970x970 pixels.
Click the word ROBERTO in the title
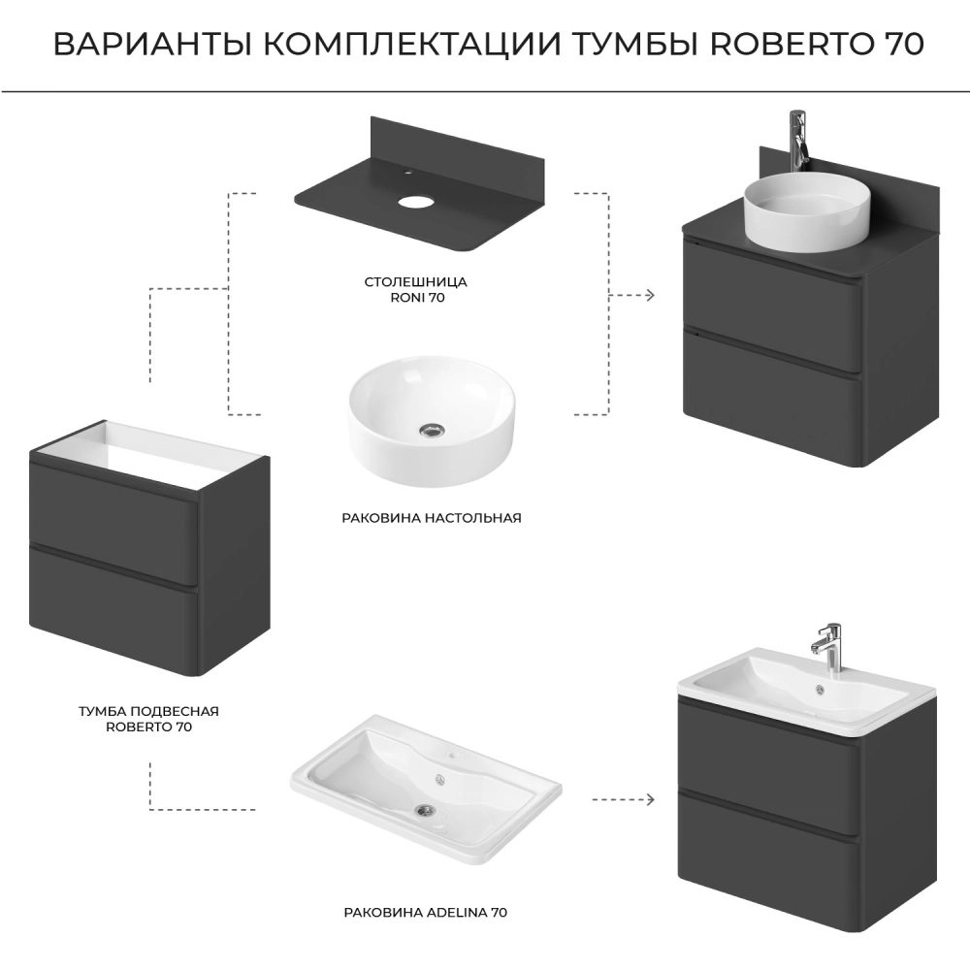tap(790, 44)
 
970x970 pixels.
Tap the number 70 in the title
tap(901, 44)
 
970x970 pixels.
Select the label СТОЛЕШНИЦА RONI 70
tap(416, 289)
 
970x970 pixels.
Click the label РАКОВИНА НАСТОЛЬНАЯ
tap(432, 518)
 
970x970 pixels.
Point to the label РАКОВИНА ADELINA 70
tap(426, 913)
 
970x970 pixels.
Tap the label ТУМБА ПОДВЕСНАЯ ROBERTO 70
tap(148, 719)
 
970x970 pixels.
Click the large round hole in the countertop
tap(416, 201)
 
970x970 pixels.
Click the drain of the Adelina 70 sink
tap(425, 809)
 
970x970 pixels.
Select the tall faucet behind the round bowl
tap(799, 141)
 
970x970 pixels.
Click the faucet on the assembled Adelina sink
tap(827, 648)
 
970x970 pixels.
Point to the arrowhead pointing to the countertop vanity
tap(650, 295)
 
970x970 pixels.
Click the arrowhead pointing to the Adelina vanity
tap(650, 800)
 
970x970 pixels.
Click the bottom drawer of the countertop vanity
tap(772, 396)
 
